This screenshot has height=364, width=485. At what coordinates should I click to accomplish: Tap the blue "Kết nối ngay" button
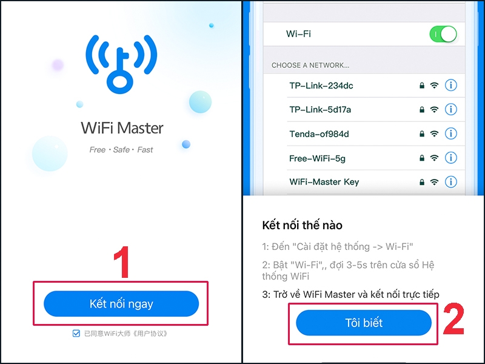[x=121, y=303]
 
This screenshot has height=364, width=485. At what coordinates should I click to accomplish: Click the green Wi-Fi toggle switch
[x=443, y=35]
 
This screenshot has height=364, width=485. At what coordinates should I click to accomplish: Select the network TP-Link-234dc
[x=321, y=86]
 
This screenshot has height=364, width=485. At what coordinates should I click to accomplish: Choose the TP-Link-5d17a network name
[x=320, y=110]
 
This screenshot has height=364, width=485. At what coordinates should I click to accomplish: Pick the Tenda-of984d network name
[x=319, y=134]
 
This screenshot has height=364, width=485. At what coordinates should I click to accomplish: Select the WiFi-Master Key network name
[x=324, y=182]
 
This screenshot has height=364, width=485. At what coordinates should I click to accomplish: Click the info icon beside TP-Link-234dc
[x=450, y=86]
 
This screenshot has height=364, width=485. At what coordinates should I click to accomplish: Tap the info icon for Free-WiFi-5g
[x=450, y=158]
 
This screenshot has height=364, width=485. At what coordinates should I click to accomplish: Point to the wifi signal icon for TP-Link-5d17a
[x=434, y=110]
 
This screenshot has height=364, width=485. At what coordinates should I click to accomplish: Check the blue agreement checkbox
[x=76, y=333]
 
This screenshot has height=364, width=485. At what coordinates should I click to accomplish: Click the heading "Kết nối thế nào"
[x=302, y=226]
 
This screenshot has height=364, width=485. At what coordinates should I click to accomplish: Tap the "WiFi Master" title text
[x=122, y=129]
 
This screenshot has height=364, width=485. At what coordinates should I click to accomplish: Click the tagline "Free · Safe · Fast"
[x=121, y=150]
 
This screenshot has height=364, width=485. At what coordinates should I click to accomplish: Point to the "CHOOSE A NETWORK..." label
[x=310, y=65]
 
